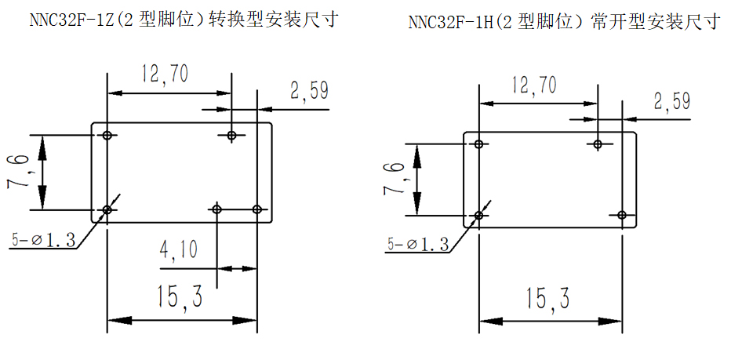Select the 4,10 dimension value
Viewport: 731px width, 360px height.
pos(179,251)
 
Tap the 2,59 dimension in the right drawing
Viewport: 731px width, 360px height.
pos(671,101)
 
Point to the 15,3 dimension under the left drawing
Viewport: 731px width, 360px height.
pos(180,296)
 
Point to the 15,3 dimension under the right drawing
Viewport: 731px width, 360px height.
pos(547,298)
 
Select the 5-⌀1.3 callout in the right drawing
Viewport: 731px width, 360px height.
pos(418,245)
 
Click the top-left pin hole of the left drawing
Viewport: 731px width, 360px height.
pos(107,135)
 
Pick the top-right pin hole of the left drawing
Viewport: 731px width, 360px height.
pos(231,135)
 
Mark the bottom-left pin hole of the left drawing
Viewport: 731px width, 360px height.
pos(107,209)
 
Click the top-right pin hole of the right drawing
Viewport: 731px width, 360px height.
pos(598,144)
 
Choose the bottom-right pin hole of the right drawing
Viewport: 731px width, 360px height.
pos(621,215)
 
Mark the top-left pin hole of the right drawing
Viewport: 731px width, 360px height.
pos(479,144)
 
